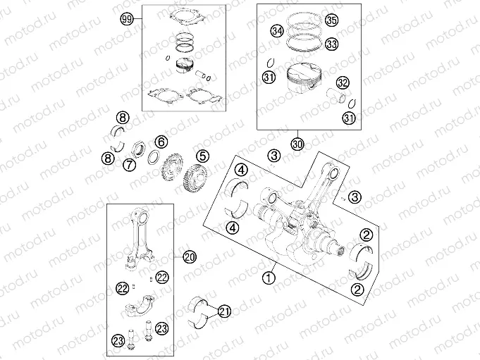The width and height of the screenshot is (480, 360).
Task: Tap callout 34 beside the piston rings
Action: tap(278, 32)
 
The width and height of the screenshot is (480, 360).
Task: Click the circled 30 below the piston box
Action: tap(297, 144)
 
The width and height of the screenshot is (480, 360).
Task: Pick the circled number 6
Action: tap(161, 142)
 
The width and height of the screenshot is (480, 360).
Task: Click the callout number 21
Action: tap(224, 311)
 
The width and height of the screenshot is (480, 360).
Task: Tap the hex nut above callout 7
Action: tap(139, 149)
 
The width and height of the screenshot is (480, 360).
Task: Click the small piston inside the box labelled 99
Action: tap(184, 68)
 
